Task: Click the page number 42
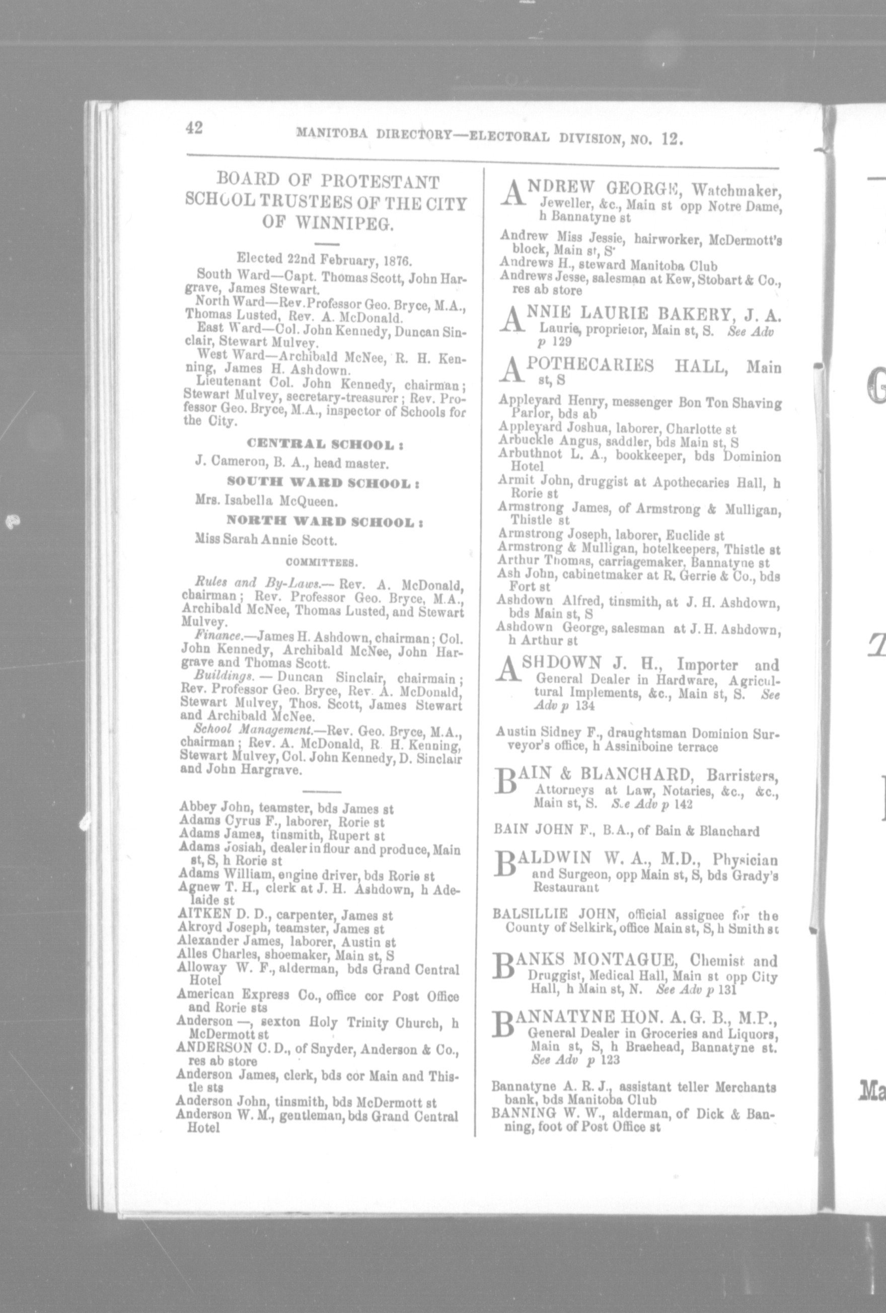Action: coord(194,128)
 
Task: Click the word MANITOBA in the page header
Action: coord(333,134)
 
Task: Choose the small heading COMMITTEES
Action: coord(320,562)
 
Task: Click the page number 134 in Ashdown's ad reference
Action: coord(584,706)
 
